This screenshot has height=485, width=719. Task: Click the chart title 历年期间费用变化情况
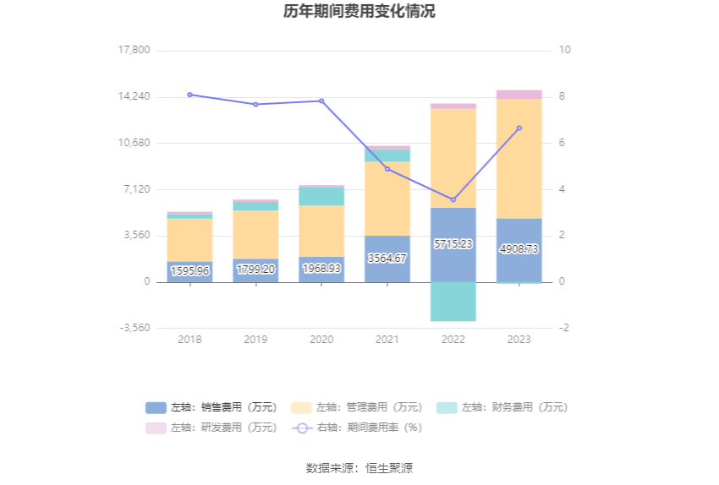[359, 12]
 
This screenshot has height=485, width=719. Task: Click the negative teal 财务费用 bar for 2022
[453, 301]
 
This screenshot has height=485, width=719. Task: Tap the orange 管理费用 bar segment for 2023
[519, 158]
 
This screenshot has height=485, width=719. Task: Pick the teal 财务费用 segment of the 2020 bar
[321, 196]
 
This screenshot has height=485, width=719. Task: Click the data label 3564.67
[387, 258]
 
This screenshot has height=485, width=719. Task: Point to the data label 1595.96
[189, 271]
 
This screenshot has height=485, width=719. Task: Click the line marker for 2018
[189, 95]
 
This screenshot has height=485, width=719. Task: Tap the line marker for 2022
[453, 199]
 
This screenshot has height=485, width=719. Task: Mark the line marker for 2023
[519, 128]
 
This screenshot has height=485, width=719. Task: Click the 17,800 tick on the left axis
[134, 50]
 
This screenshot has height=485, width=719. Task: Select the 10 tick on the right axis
[565, 50]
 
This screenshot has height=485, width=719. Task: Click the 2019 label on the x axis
[255, 339]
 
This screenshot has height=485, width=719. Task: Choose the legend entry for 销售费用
[211, 407]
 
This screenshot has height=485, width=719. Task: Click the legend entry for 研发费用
[211, 428]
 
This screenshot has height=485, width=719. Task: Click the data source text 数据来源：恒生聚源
[359, 467]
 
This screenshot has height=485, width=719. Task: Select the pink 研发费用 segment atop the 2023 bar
[519, 95]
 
